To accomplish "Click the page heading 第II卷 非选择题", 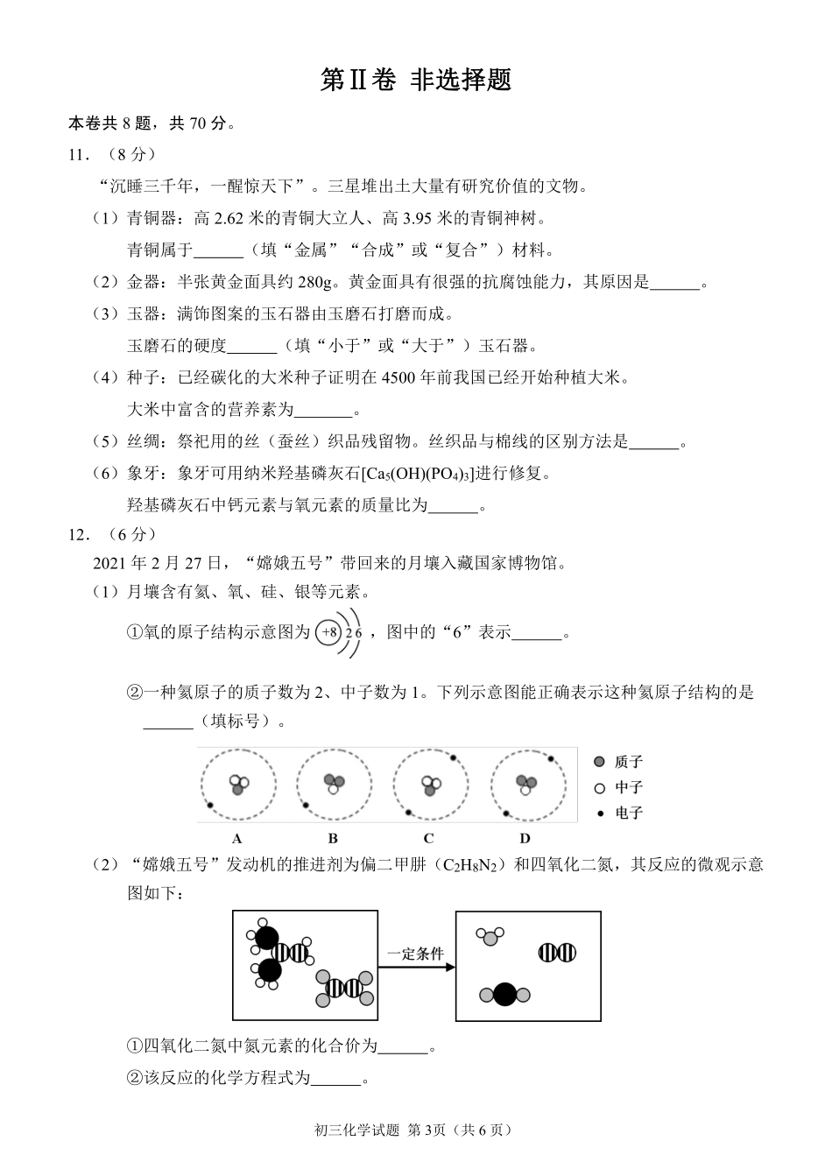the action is click(x=415, y=80).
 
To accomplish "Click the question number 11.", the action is click(x=78, y=155).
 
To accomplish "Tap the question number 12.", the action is click(x=78, y=534).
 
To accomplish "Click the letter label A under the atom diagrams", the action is click(x=237, y=838).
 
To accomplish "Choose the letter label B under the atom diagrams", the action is click(x=333, y=838).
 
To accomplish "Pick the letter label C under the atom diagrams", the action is click(x=429, y=838).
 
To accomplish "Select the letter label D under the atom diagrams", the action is click(x=525, y=838).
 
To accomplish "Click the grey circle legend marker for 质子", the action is click(x=599, y=762).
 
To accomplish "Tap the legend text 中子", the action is click(x=629, y=787).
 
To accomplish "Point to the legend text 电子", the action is click(x=629, y=813).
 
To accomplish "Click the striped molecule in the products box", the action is click(x=556, y=953).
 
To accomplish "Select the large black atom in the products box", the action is click(x=504, y=995).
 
